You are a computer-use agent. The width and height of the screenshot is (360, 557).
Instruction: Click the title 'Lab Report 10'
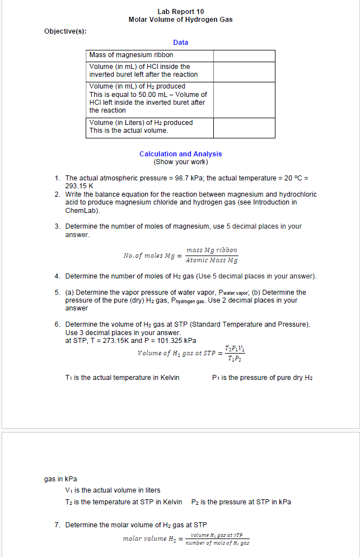pos(180,11)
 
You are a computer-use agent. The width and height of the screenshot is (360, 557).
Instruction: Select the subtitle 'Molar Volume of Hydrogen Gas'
pos(180,20)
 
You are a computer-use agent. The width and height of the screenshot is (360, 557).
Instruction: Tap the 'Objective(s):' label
pos(66,31)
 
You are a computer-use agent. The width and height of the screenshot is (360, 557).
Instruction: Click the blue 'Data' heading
pos(180,43)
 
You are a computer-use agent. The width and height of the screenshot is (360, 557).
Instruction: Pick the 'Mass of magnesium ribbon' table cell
pos(132,55)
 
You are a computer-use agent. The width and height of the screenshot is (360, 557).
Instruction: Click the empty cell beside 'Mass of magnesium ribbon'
pos(244,55)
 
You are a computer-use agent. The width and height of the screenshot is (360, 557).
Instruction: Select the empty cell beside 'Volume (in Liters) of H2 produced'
pos(244,127)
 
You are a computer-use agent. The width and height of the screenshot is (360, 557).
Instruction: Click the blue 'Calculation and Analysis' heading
pos(180,154)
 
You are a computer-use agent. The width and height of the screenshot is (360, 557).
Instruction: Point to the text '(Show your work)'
pos(180,163)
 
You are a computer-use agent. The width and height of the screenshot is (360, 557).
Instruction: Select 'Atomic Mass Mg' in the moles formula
pos(212,261)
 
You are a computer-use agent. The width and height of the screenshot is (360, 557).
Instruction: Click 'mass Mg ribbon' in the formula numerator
pos(212,250)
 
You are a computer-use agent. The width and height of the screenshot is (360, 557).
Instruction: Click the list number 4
pos(58,276)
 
